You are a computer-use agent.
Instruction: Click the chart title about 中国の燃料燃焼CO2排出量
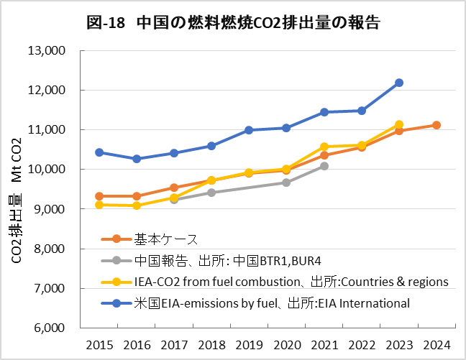(x=233, y=22)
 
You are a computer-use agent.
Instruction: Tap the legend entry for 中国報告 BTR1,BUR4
(x=215, y=260)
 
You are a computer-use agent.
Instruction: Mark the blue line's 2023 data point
(x=399, y=83)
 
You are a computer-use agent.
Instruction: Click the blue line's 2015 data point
(x=99, y=152)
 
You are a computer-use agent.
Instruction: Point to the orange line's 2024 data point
(x=437, y=125)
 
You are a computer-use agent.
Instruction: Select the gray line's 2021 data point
(x=324, y=166)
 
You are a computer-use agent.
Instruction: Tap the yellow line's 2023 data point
(x=399, y=124)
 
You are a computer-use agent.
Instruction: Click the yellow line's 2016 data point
(x=137, y=206)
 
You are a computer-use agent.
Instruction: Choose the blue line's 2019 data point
(x=249, y=130)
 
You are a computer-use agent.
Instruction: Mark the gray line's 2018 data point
(x=211, y=193)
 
